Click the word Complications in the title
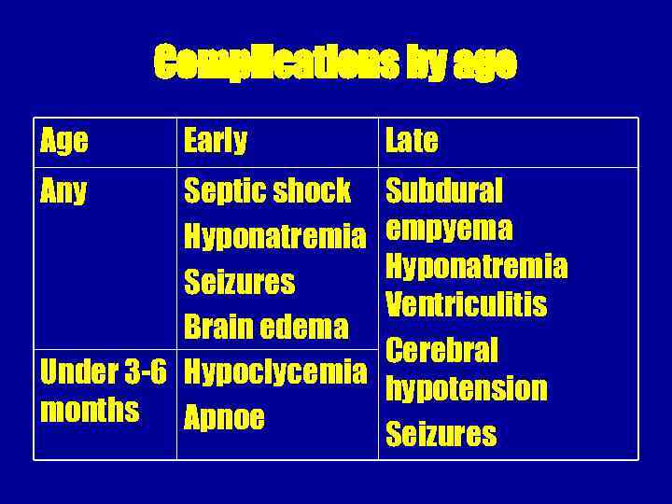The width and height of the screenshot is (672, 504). click(251, 64)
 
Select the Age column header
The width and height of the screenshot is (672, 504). click(64, 141)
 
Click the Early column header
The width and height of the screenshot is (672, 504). click(216, 141)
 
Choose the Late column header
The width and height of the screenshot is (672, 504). click(411, 141)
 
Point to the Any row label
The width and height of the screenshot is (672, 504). click(64, 191)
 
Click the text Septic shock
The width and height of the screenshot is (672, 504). click(267, 191)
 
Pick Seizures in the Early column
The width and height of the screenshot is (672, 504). click(239, 282)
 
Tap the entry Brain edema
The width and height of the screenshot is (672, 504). click(266, 327)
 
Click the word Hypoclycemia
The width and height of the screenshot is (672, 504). click(275, 372)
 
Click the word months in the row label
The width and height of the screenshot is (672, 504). click(90, 410)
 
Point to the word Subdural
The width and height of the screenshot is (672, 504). click(444, 191)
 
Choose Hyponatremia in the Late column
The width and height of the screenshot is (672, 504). click(476, 267)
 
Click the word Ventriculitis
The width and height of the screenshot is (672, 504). click(466, 305)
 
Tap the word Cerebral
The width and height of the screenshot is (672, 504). click(442, 350)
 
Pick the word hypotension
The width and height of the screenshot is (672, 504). click(466, 388)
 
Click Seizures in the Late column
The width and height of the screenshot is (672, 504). click(441, 434)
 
